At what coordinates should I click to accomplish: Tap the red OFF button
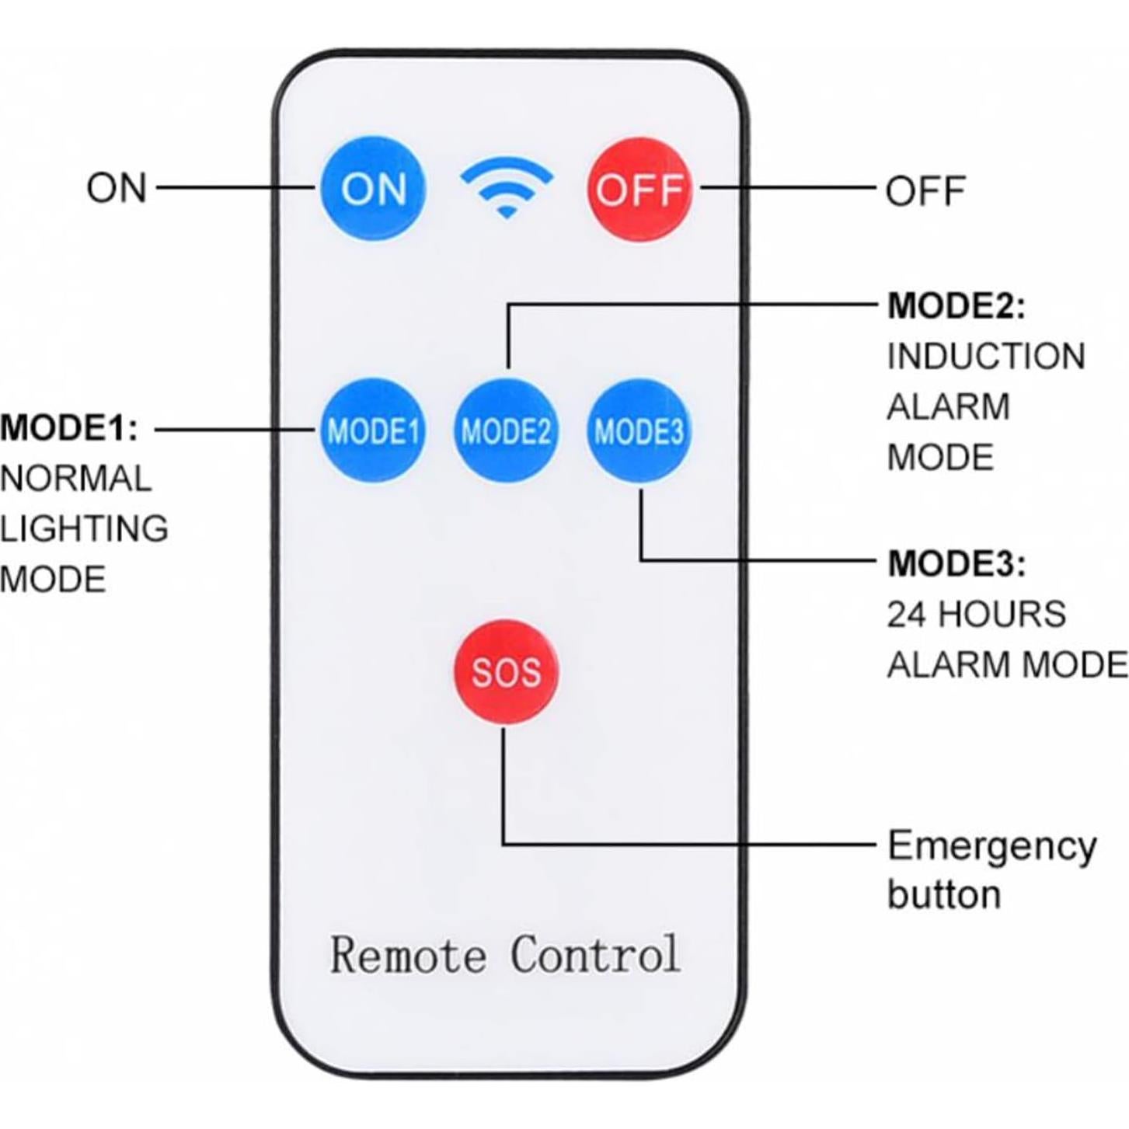tap(639, 189)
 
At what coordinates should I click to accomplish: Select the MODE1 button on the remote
tap(373, 430)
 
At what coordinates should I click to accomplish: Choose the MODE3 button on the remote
tap(639, 430)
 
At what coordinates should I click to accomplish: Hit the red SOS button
tap(506, 671)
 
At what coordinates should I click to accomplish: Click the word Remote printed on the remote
tap(408, 954)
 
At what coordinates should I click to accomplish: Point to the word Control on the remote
tap(594, 954)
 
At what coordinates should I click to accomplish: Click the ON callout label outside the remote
tap(117, 189)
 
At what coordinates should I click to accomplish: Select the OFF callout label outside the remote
tap(925, 191)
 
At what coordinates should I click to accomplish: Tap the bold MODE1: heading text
tap(68, 428)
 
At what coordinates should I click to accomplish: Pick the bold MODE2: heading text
tap(957, 306)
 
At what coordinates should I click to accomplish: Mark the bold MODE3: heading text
tap(957, 564)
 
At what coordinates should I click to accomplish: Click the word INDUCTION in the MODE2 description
tap(986, 357)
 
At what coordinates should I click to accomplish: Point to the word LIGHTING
tap(84, 529)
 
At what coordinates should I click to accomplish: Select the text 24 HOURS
tap(976, 615)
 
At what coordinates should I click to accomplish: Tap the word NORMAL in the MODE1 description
tap(75, 479)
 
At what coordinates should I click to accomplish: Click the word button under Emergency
tap(943, 895)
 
